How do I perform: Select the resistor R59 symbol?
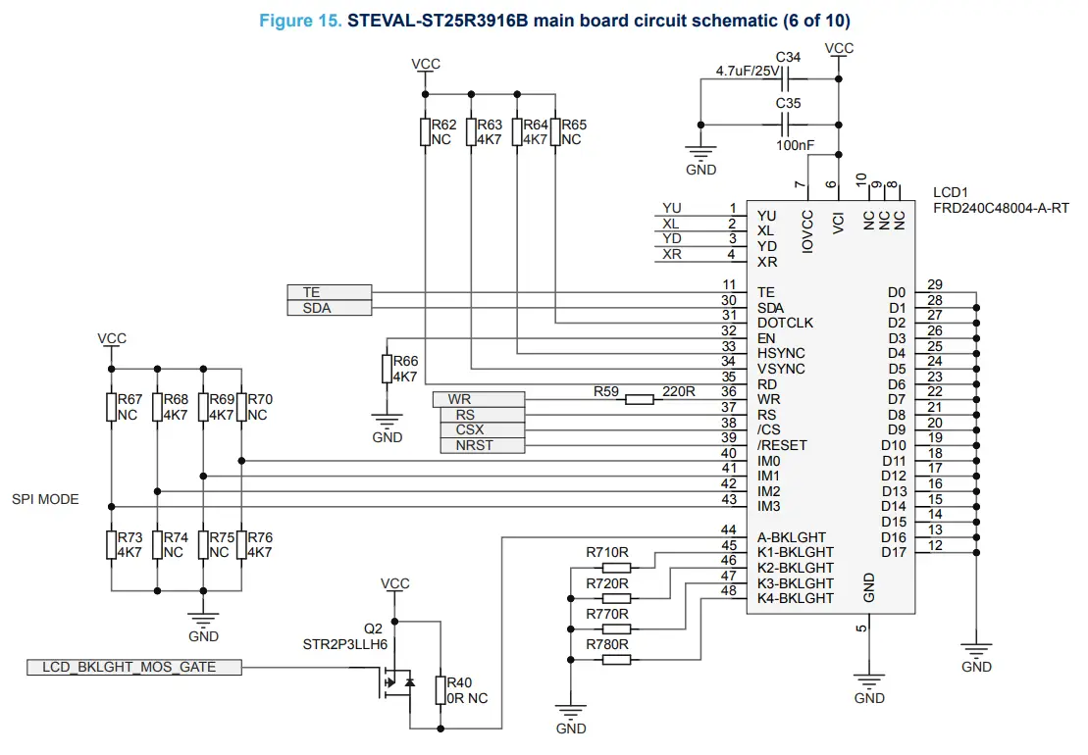pyautogui.click(x=640, y=399)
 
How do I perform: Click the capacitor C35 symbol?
pyautogui.click(x=787, y=125)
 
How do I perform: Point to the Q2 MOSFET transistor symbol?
pyautogui.click(x=396, y=680)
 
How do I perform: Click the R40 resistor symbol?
pyautogui.click(x=440, y=689)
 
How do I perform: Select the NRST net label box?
pyautogui.click(x=483, y=445)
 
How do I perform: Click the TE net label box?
pyautogui.click(x=330, y=292)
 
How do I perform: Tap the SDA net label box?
pyautogui.click(x=330, y=308)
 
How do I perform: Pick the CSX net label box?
pyautogui.click(x=483, y=429)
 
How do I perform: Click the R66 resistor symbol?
pyautogui.click(x=387, y=369)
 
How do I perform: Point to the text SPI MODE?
pyautogui.click(x=45, y=499)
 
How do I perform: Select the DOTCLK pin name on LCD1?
pyautogui.click(x=785, y=323)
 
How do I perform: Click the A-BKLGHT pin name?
pyautogui.click(x=791, y=537)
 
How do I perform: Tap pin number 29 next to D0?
pyautogui.click(x=935, y=284)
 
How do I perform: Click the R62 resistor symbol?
pyautogui.click(x=425, y=132)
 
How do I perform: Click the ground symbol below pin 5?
pyautogui.click(x=869, y=680)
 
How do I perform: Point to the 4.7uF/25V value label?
pyautogui.click(x=748, y=72)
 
